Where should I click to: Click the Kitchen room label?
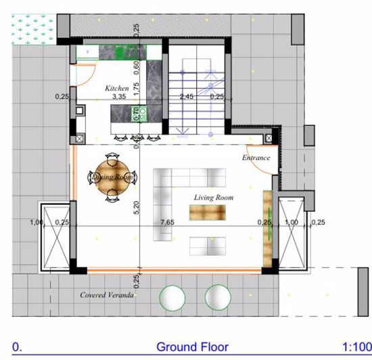coord(116,88)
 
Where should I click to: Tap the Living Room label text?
coord(214,198)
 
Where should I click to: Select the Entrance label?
coord(256,158)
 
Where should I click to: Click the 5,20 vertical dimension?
coord(136,208)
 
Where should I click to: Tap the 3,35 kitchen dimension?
coord(119,97)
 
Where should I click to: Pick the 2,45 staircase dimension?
coord(186,97)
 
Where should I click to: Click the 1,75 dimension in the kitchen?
coord(136,87)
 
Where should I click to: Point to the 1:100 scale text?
coord(356,346)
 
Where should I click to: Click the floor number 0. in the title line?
coord(17,346)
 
